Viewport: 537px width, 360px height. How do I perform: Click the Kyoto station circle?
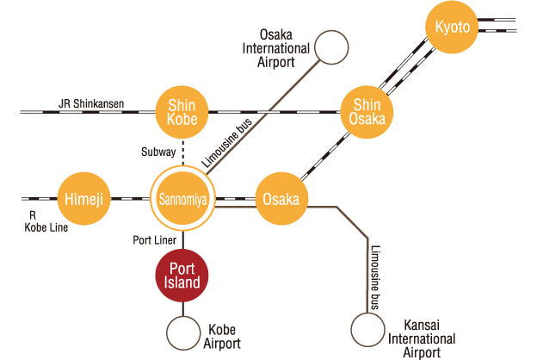coord(454,28)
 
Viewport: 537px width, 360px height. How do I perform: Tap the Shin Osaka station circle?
coord(367,111)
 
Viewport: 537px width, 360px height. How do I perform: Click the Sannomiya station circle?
coord(182,199)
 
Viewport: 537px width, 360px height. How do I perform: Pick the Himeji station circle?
coord(83,199)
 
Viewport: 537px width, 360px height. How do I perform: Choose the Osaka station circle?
coord(281,199)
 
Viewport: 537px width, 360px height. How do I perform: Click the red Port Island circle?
coord(182,275)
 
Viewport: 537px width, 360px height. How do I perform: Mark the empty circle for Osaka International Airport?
coord(331,47)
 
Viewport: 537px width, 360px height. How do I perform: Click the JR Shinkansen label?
coord(91,104)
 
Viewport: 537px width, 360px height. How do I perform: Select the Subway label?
coord(158,152)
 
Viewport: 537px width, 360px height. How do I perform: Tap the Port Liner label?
coord(154,239)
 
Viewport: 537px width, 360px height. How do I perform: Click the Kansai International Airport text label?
coord(421,338)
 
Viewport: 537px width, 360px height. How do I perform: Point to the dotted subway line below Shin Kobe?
coord(182,151)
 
